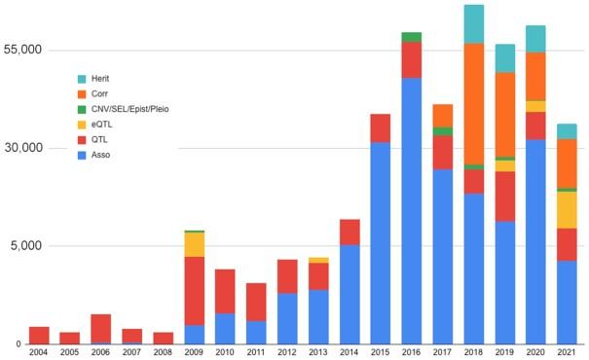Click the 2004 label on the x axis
tap(39, 352)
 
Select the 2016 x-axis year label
tap(411, 352)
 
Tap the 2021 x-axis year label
tap(566, 352)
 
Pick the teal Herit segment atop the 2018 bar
tap(473, 24)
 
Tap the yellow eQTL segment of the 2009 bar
tap(194, 244)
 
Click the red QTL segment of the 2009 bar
tap(194, 290)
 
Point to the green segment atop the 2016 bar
tap(411, 37)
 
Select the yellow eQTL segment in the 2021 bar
tap(566, 209)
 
